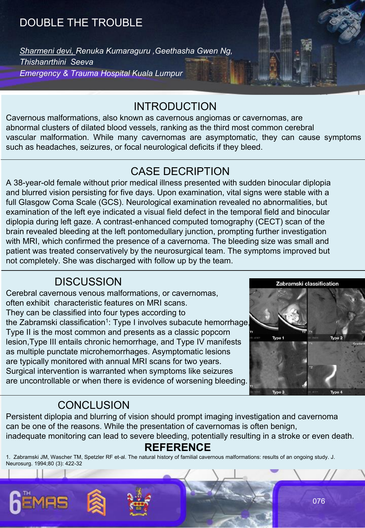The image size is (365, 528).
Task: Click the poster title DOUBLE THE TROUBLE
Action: (x=81, y=22)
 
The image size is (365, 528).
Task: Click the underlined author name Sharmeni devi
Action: (x=47, y=51)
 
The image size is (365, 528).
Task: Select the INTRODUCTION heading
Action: (x=175, y=106)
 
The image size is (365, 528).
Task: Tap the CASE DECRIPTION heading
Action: (x=180, y=171)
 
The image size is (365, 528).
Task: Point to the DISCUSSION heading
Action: (x=88, y=282)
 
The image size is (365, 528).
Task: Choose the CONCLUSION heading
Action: (x=93, y=405)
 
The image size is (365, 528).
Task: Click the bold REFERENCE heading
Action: (x=177, y=447)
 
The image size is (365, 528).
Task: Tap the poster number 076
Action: (x=319, y=501)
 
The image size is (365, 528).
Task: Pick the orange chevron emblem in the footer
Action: (x=96, y=502)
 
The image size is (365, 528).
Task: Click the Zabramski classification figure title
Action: (x=307, y=284)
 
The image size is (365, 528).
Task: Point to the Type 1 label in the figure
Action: (x=278, y=338)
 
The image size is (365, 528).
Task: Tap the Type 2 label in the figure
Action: (x=336, y=338)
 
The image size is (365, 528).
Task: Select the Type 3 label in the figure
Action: (x=278, y=392)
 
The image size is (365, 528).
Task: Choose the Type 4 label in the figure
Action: (x=336, y=392)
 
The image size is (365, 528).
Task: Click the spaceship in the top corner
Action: (x=342, y=19)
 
